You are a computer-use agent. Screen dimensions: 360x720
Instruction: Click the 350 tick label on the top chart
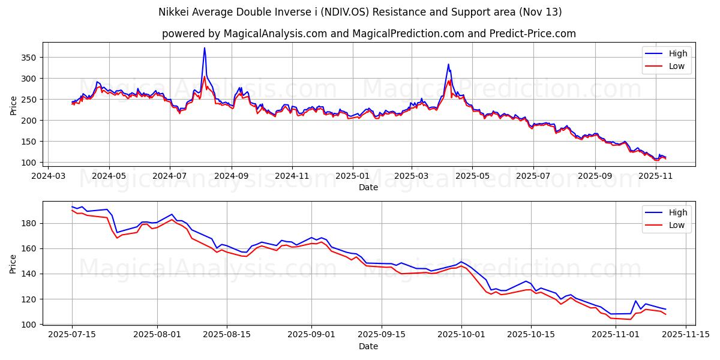click(x=29, y=58)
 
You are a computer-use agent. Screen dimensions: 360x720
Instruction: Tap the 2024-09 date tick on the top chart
click(x=231, y=176)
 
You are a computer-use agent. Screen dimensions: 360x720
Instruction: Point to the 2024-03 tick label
click(x=48, y=176)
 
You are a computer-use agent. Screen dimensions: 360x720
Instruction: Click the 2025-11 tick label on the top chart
click(x=656, y=176)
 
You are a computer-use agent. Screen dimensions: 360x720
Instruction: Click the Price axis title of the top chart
click(x=14, y=104)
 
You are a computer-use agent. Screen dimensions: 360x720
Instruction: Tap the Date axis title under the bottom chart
click(x=368, y=346)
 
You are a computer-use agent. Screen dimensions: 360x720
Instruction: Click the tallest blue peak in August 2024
click(x=205, y=48)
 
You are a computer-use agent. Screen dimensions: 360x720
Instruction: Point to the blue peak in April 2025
click(x=448, y=64)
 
